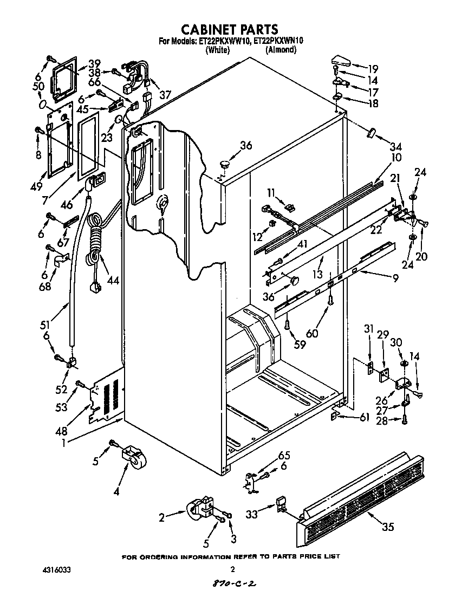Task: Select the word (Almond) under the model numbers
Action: click(x=281, y=50)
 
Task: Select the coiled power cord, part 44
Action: click(x=96, y=244)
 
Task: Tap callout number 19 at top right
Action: click(x=373, y=69)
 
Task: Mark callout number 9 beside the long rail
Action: click(x=396, y=279)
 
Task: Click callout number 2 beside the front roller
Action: click(x=161, y=518)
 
